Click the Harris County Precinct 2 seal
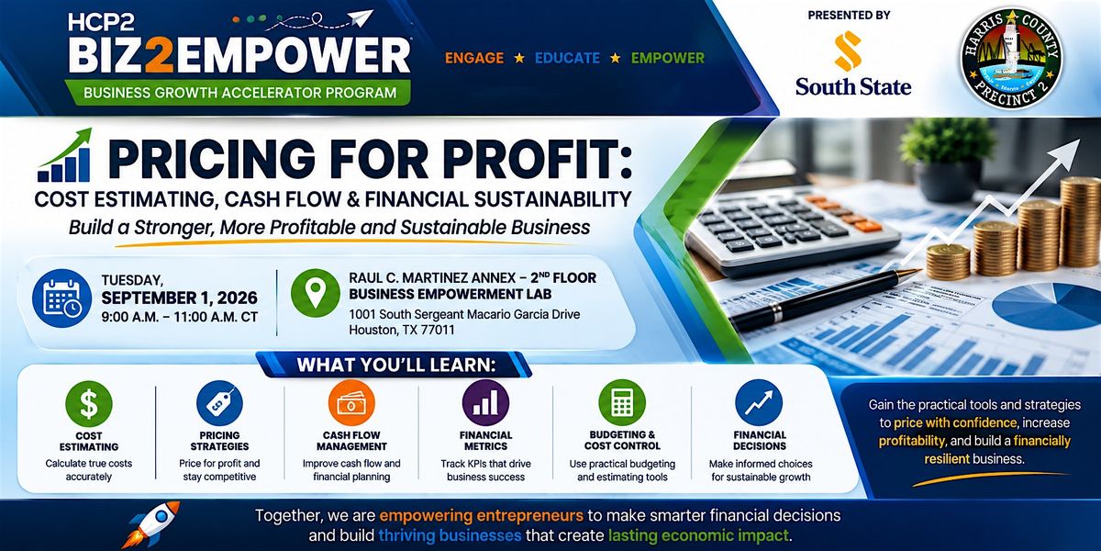pyautogui.click(x=1011, y=59)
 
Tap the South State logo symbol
pyautogui.click(x=849, y=51)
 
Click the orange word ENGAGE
pyautogui.click(x=474, y=58)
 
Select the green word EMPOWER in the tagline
pyautogui.click(x=668, y=58)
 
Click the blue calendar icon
pyautogui.click(x=62, y=298)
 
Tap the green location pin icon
pyautogui.click(x=315, y=293)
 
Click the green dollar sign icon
pyautogui.click(x=89, y=404)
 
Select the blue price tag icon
pyautogui.click(x=219, y=403)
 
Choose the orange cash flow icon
pyautogui.click(x=351, y=403)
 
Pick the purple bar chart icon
pyautogui.click(x=485, y=403)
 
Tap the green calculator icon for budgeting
pyautogui.click(x=622, y=403)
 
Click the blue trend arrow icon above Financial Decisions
pyautogui.click(x=759, y=403)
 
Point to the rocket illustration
pyautogui.click(x=150, y=524)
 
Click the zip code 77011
pyautogui.click(x=438, y=330)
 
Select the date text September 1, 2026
pyautogui.click(x=180, y=298)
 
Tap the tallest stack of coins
pyautogui.click(x=1080, y=222)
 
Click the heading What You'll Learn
pyautogui.click(x=395, y=365)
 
